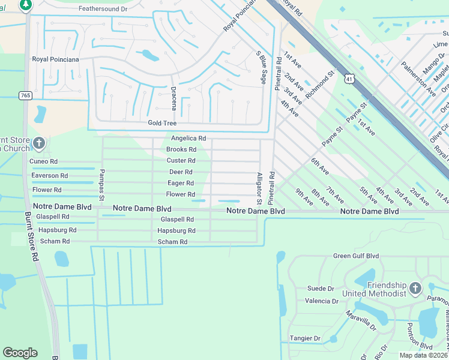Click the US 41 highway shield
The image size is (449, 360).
pos(349,78)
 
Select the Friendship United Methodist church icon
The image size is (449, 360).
pos(415,289)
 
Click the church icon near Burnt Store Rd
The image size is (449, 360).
pos(39,143)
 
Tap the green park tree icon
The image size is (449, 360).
pos(25,5)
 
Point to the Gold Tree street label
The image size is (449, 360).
pos(163,123)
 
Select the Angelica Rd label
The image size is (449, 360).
pos(188,138)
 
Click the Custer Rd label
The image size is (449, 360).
pos(181,160)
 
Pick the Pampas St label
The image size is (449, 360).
pos(101,188)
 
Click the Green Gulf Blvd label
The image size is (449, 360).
pos(356,256)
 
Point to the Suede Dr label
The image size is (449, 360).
pos(320,289)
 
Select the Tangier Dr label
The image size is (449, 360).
pos(305,338)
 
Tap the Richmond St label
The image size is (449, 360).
pos(320,84)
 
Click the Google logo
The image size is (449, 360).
pos(20,353)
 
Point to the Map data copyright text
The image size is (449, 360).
pos(423,355)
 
